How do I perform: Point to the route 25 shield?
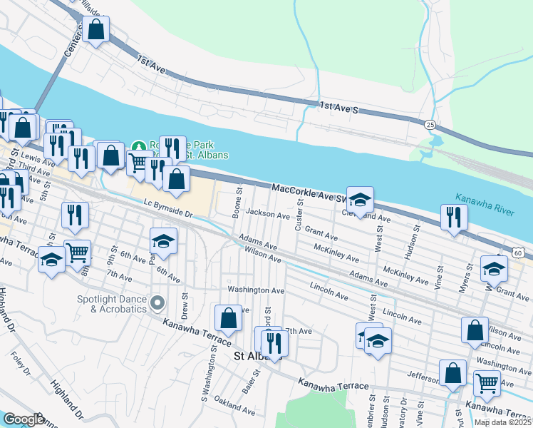click(x=430, y=124)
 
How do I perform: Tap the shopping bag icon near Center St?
click(x=95, y=30)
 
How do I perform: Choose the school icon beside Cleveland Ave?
click(x=361, y=200)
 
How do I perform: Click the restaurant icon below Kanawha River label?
click(x=453, y=217)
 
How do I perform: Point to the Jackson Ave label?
click(x=267, y=213)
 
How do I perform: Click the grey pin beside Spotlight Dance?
click(x=158, y=304)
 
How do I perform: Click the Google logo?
click(x=23, y=419)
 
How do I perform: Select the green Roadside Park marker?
click(x=139, y=145)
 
